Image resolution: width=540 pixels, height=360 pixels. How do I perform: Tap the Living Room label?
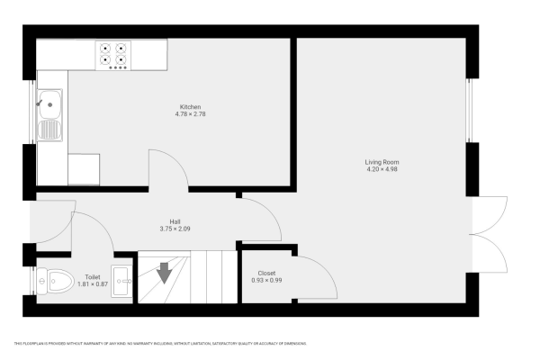pyautogui.click(x=382, y=161)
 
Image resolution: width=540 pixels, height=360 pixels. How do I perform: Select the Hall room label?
pyautogui.click(x=177, y=221)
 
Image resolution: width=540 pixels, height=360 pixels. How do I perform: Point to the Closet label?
pyautogui.click(x=266, y=273)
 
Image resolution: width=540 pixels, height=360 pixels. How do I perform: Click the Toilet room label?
pyautogui.click(x=93, y=277)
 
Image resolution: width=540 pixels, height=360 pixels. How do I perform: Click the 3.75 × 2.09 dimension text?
pyautogui.click(x=177, y=229)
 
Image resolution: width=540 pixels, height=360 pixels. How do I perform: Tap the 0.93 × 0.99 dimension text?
pyautogui.click(x=266, y=280)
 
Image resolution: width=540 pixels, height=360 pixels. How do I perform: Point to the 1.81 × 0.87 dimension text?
pyautogui.click(x=93, y=284)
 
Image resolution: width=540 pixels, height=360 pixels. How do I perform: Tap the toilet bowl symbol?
pyautogui.click(x=57, y=283)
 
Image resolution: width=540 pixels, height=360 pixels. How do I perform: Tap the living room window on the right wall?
pyautogui.click(x=469, y=111)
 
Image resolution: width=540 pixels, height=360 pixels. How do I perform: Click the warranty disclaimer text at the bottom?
pyautogui.click(x=161, y=343)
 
